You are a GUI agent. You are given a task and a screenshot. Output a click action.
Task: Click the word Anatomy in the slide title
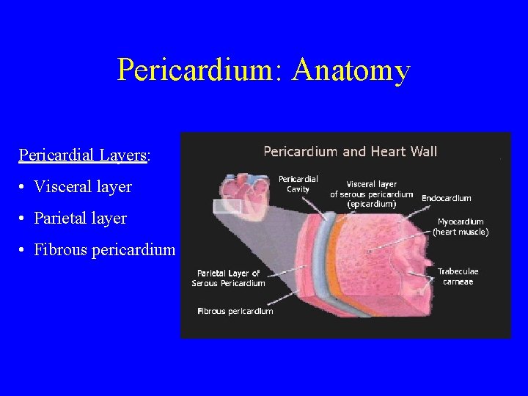pos(351,71)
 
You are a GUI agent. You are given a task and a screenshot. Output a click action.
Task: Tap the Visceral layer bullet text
pos(83,187)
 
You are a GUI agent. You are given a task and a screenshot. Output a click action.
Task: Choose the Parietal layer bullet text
pos(80,219)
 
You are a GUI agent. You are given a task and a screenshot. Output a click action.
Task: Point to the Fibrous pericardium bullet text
pos(104,250)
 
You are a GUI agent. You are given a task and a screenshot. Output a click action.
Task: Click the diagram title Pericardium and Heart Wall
pos(350,152)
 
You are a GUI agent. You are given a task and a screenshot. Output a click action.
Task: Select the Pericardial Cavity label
pos(298,183)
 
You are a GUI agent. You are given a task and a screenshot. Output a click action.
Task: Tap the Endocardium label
pos(447,198)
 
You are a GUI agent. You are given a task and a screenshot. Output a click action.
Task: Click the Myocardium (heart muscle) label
pos(461,227)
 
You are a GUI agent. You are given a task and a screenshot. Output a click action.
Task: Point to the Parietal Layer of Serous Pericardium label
pos(228,278)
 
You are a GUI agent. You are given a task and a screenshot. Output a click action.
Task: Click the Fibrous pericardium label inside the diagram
pos(235,311)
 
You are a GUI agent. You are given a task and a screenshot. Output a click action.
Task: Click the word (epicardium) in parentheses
pos(371,205)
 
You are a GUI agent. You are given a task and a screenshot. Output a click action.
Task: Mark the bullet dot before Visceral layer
pos(25,188)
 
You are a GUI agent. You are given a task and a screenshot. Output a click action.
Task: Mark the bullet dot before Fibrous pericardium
pos(25,251)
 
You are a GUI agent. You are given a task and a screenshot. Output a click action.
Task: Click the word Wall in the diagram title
pos(423,152)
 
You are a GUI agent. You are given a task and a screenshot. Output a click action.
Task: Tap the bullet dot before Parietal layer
pos(25,219)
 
